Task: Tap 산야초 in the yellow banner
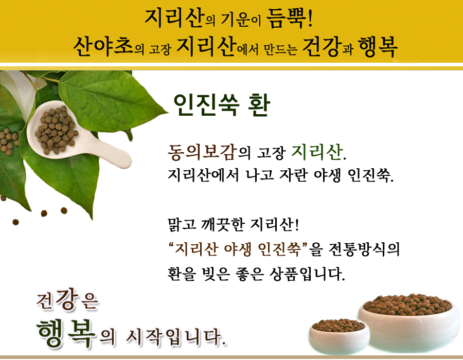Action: point(103,46)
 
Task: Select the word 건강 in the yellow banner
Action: point(322,47)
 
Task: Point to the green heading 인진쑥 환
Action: point(221,105)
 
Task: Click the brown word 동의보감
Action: point(203,152)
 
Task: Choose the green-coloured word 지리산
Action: point(317,152)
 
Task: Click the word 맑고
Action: point(182,224)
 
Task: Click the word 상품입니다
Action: point(307,274)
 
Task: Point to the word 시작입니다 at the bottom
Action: point(176,337)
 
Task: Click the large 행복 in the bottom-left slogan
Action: point(66,333)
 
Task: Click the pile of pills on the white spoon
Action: point(56,130)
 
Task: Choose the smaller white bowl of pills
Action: point(339,336)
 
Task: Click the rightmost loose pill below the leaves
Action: point(64,210)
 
